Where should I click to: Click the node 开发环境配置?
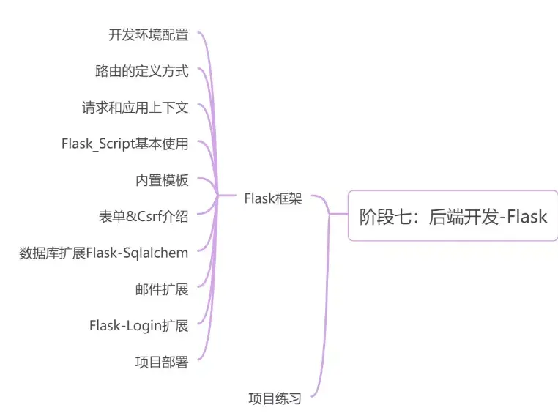click(x=149, y=34)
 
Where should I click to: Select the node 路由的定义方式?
click(x=142, y=71)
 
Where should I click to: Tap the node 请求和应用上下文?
click(x=135, y=108)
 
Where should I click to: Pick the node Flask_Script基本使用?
click(x=125, y=144)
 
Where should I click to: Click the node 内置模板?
click(x=162, y=180)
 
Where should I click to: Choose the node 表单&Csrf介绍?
click(x=144, y=216)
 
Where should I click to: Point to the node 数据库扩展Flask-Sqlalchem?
click(x=104, y=253)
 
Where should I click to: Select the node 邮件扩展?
click(x=162, y=289)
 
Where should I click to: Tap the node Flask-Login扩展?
click(x=139, y=325)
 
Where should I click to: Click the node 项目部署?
click(x=162, y=362)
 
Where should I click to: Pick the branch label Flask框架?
click(x=272, y=198)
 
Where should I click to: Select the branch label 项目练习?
click(x=275, y=398)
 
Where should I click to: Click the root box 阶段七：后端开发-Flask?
click(x=453, y=216)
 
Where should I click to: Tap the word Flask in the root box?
click(x=527, y=216)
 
